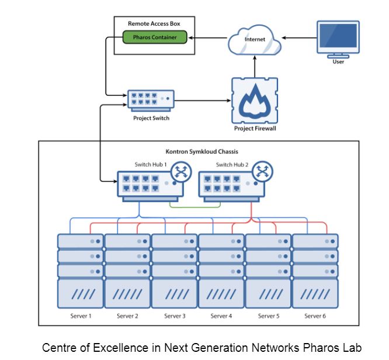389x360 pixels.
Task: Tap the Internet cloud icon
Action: tap(255, 40)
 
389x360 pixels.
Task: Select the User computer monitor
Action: tap(338, 38)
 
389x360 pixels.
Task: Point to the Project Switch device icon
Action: tap(151, 101)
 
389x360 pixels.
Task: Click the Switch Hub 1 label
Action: tap(151, 165)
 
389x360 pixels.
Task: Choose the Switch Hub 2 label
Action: tap(232, 165)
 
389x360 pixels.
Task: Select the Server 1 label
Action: tap(80, 316)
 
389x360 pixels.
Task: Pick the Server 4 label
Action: tap(220, 316)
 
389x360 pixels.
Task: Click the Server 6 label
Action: tap(314, 316)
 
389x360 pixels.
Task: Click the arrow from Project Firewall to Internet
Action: tap(255, 65)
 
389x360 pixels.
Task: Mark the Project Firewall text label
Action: tap(255, 129)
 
